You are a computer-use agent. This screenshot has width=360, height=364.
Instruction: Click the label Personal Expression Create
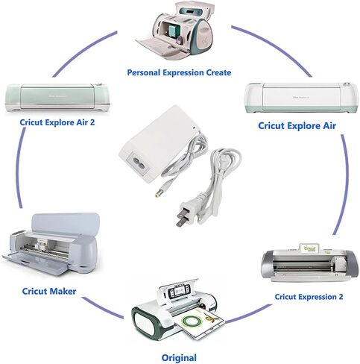tap(179, 72)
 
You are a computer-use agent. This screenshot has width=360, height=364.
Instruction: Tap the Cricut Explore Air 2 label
tap(57, 122)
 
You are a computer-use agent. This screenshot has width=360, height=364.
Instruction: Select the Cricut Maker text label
tap(49, 291)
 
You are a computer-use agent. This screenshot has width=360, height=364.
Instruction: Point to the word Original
tap(179, 358)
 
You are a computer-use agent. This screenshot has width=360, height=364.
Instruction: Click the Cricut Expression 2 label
tap(309, 297)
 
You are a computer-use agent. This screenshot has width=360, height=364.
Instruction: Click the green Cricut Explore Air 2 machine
tap(57, 97)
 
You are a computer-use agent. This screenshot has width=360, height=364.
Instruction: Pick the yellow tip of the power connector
tap(157, 195)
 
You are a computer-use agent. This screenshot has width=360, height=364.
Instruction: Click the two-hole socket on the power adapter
tap(138, 163)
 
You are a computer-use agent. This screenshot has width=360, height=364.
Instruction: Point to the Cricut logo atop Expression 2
tap(309, 248)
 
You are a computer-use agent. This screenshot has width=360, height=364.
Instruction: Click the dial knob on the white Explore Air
tap(346, 84)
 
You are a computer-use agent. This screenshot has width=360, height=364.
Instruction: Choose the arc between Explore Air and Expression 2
tap(344, 184)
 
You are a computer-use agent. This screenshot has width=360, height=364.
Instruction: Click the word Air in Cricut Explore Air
tap(329, 125)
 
